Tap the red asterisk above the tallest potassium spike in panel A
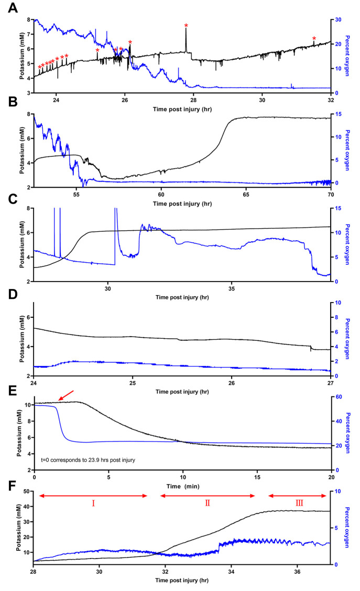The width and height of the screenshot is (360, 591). coord(186,26)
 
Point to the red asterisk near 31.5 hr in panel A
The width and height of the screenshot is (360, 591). coord(314,39)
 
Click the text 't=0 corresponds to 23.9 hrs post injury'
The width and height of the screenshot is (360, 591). coord(88,460)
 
